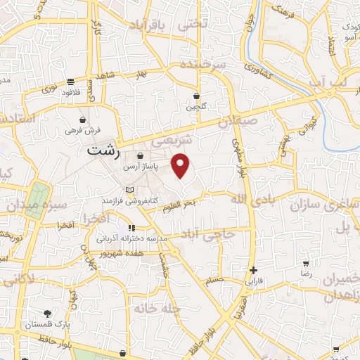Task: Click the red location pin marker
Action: pos(181,166)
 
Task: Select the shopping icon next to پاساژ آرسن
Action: pos(141,156)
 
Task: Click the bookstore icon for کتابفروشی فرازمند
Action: pos(129,190)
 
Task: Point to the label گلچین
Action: pos(196,108)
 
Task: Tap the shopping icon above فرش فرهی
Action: pos(84,120)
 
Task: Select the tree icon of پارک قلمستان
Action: pos(47,314)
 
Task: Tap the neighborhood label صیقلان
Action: pos(239,122)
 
